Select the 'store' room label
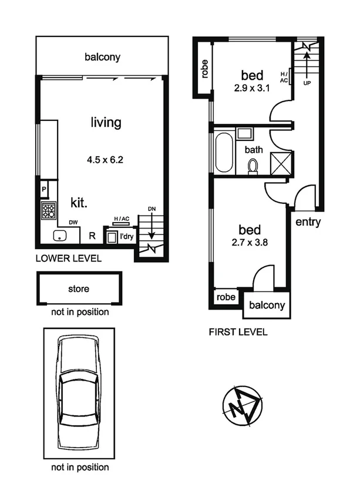click(79, 288)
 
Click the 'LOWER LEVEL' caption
click(69, 258)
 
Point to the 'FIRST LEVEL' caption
click(238, 332)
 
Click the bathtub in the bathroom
click(224, 153)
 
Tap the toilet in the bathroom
click(253, 167)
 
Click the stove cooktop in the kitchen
click(48, 210)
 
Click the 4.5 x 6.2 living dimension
click(107, 159)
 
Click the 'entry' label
click(308, 222)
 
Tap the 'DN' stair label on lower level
click(152, 209)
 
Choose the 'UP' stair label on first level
click(307, 83)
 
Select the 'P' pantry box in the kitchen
click(43, 189)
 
